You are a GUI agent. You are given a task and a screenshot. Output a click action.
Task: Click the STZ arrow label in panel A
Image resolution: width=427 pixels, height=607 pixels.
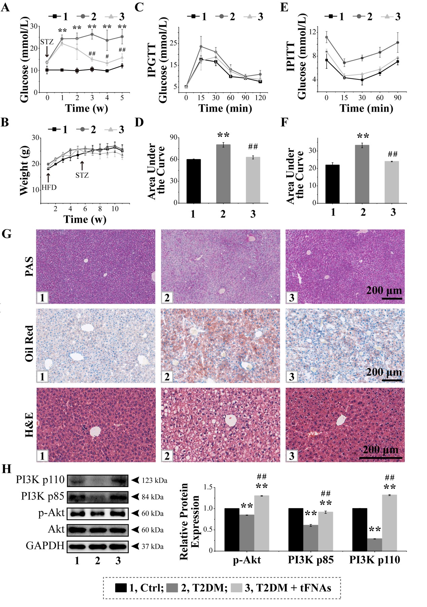tap(47, 42)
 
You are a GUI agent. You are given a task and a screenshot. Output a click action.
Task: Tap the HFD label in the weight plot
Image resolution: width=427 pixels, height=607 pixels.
tap(49, 187)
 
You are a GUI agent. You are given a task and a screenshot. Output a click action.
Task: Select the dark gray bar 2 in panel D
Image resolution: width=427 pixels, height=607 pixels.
tap(223, 174)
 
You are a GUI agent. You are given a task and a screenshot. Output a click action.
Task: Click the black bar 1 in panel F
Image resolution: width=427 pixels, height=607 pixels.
tap(333, 184)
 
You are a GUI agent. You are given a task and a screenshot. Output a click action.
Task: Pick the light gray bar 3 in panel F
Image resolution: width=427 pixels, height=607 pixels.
tap(392, 182)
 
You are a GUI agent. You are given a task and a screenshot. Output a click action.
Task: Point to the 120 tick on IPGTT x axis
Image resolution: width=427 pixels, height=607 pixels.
tap(260, 98)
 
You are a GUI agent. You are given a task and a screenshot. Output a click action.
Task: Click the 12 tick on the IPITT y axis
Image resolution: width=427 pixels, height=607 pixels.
tap(313, 32)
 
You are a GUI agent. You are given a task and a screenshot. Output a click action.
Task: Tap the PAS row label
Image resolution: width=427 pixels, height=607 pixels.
tap(29, 266)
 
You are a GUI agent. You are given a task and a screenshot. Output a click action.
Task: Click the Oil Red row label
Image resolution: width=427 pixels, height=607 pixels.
tap(29, 344)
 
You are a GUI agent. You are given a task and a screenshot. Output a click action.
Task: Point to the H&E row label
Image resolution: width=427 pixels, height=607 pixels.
tap(29, 425)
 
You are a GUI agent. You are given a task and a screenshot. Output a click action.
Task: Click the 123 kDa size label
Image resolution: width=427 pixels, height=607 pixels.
tap(154, 480)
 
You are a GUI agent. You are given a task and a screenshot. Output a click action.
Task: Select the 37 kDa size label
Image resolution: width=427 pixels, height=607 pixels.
tap(152, 546)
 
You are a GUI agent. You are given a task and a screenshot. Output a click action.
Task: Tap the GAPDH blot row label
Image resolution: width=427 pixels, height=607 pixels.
tap(45, 545)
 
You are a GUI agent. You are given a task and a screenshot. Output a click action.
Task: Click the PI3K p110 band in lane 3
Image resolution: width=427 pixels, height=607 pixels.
tap(118, 480)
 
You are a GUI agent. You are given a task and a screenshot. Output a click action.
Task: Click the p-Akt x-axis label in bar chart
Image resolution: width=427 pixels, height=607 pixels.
tap(247, 560)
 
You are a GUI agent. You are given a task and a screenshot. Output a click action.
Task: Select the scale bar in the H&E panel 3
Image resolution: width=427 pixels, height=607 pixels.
tap(380, 458)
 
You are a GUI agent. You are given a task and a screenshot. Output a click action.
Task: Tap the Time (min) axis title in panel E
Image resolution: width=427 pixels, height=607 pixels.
tap(366, 108)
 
